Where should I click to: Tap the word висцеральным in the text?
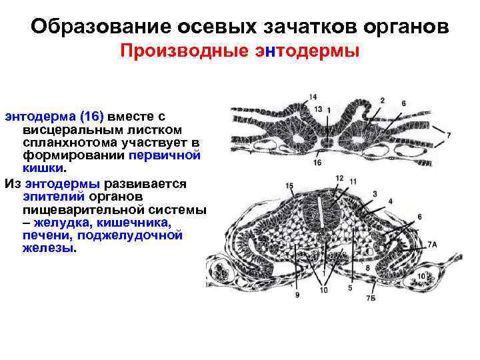pos(63,129)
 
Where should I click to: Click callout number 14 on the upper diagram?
pos(313,97)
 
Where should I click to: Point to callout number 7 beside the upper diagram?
pos(449,135)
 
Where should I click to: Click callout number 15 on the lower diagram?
pos(289,185)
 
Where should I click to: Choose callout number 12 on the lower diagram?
pos(339,179)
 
